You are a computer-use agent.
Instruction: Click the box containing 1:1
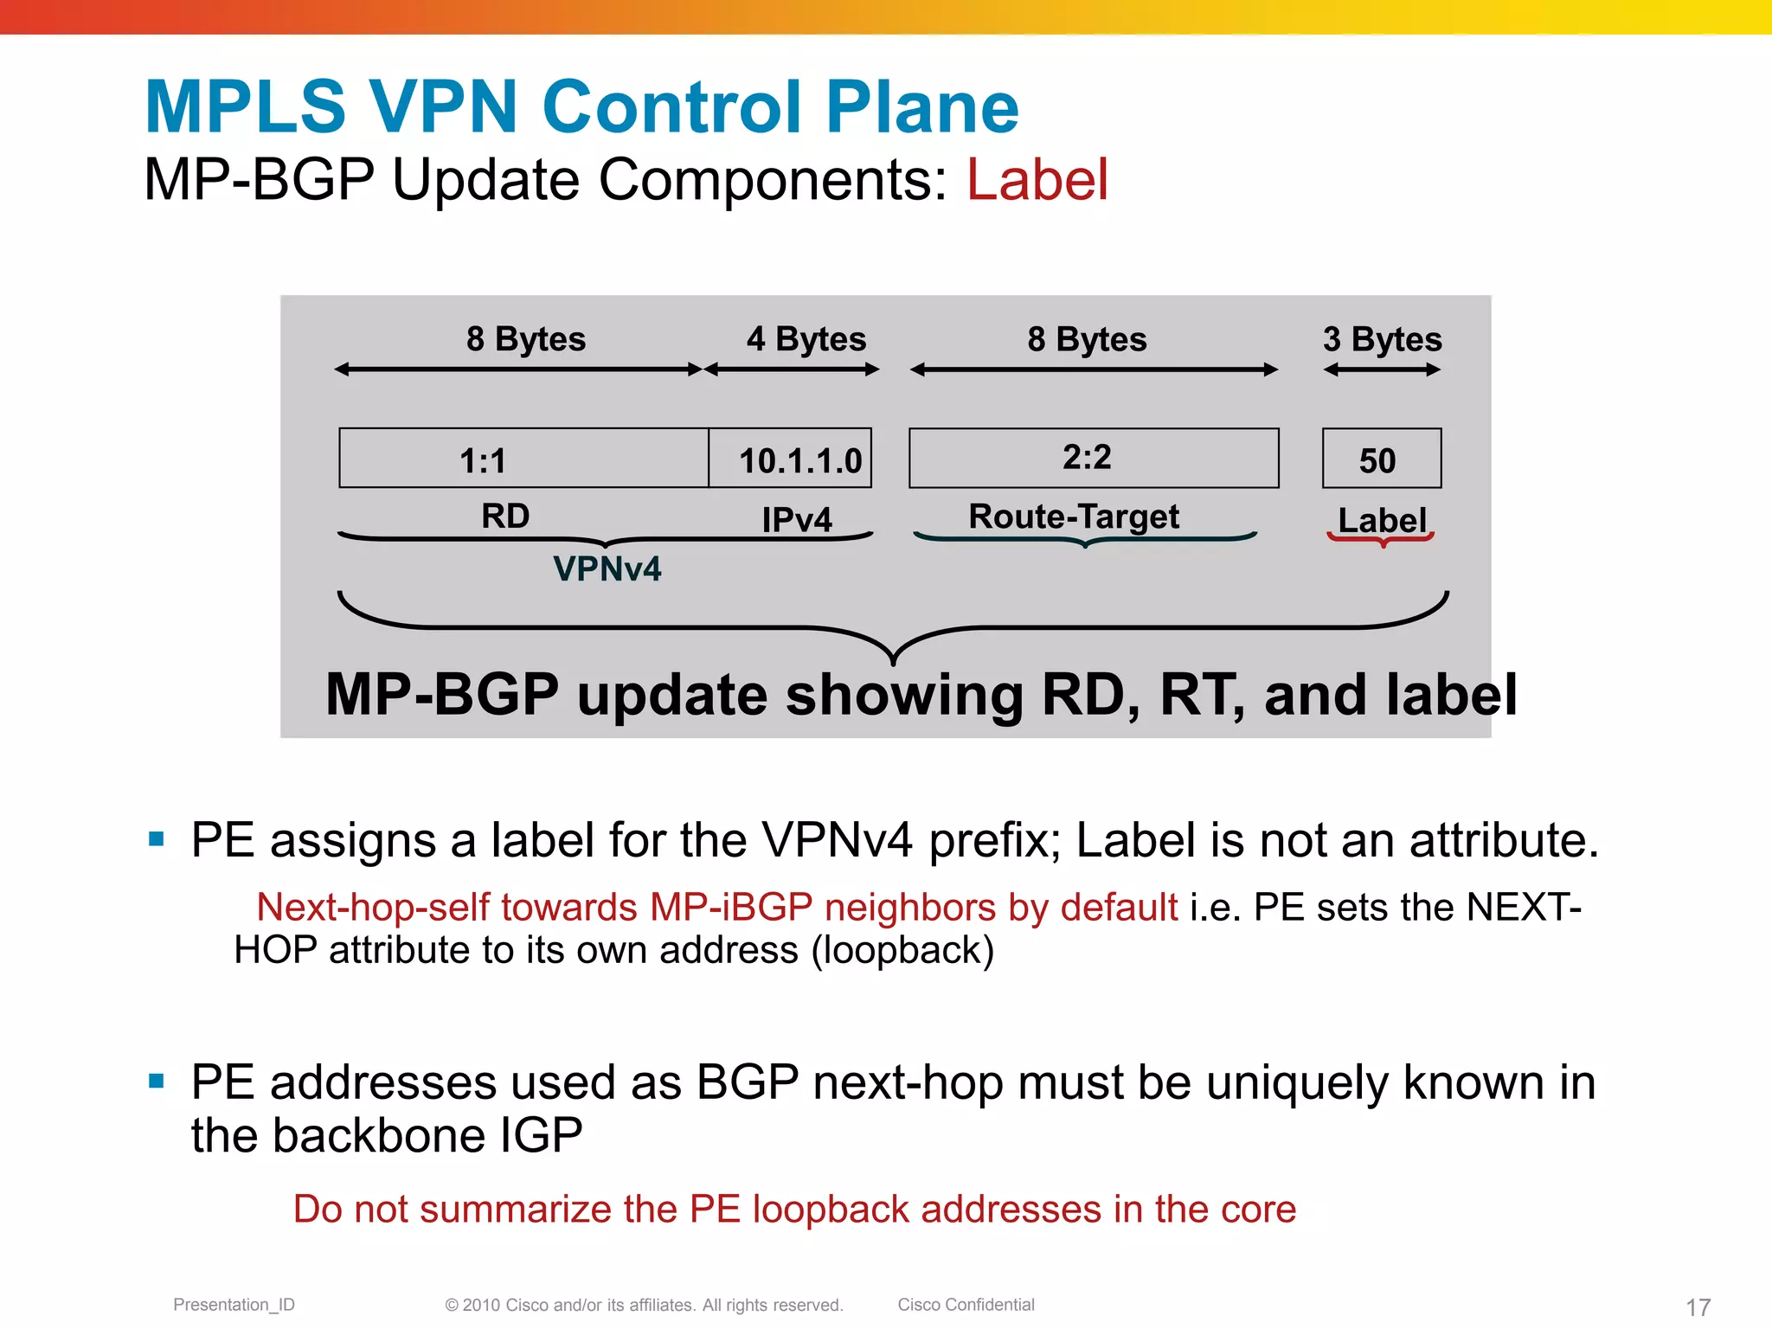[x=523, y=459]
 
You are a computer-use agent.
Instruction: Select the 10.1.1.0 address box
[x=790, y=459]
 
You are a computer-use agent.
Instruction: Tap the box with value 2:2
[x=1093, y=458]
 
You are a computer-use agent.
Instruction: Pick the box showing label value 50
[x=1381, y=459]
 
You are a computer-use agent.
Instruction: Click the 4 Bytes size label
[x=806, y=339]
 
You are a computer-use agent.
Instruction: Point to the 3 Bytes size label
[x=1382, y=339]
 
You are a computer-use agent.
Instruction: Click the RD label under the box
[x=505, y=517]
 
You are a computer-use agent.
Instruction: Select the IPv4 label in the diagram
[x=796, y=520]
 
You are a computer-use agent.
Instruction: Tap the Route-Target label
[x=1074, y=517]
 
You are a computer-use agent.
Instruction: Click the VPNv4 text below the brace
[x=607, y=568]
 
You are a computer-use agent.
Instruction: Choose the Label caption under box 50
[x=1382, y=520]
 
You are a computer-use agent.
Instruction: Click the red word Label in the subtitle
[x=1037, y=180]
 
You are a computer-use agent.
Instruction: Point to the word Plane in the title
[x=922, y=107]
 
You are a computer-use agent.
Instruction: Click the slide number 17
[x=1698, y=1307]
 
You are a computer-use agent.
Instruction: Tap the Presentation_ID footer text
[x=234, y=1305]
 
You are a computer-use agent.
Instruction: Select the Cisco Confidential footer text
[x=966, y=1305]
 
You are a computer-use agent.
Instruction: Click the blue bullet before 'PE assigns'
[x=157, y=838]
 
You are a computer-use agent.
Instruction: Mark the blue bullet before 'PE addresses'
[x=157, y=1081]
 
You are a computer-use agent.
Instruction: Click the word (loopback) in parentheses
[x=902, y=950]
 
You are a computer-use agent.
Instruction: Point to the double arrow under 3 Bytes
[x=1382, y=370]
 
